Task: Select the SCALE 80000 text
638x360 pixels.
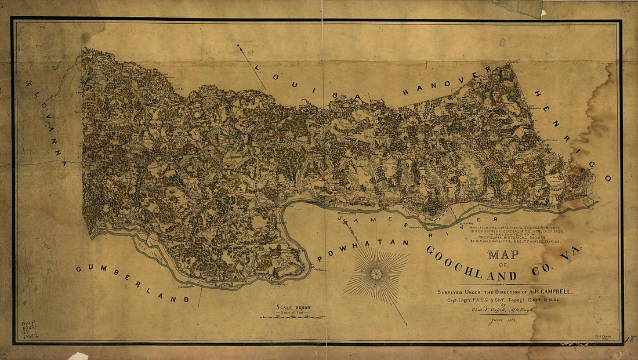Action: tap(293, 308)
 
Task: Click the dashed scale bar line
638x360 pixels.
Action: tap(292, 318)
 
